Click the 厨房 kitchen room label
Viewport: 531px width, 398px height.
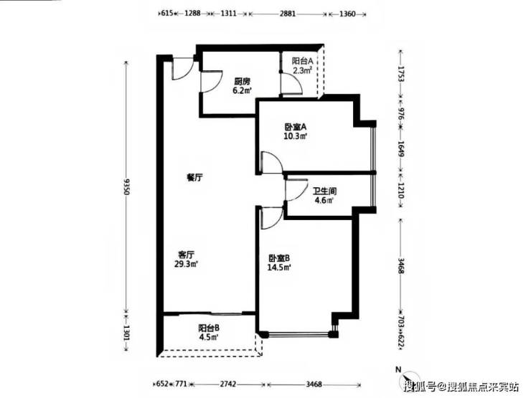tap(242, 82)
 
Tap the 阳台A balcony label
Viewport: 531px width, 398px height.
tap(302, 61)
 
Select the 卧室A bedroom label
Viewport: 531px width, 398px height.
tap(296, 127)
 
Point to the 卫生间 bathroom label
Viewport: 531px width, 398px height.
tap(324, 191)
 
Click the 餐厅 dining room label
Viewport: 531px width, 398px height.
tap(194, 177)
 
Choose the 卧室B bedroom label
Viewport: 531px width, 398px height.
tap(279, 258)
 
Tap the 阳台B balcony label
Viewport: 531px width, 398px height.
tap(209, 328)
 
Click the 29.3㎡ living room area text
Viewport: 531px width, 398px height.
tap(186, 264)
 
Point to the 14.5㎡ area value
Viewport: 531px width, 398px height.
tap(279, 267)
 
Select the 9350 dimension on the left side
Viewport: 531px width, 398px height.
tap(126, 186)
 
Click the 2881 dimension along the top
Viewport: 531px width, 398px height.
tap(288, 14)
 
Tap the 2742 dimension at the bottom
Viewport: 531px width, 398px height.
tap(228, 384)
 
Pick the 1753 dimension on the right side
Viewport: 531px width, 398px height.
tap(401, 74)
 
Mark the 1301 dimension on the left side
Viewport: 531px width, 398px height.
tap(126, 333)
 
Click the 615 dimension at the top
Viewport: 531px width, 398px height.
tap(167, 14)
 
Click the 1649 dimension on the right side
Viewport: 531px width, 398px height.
tap(401, 149)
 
